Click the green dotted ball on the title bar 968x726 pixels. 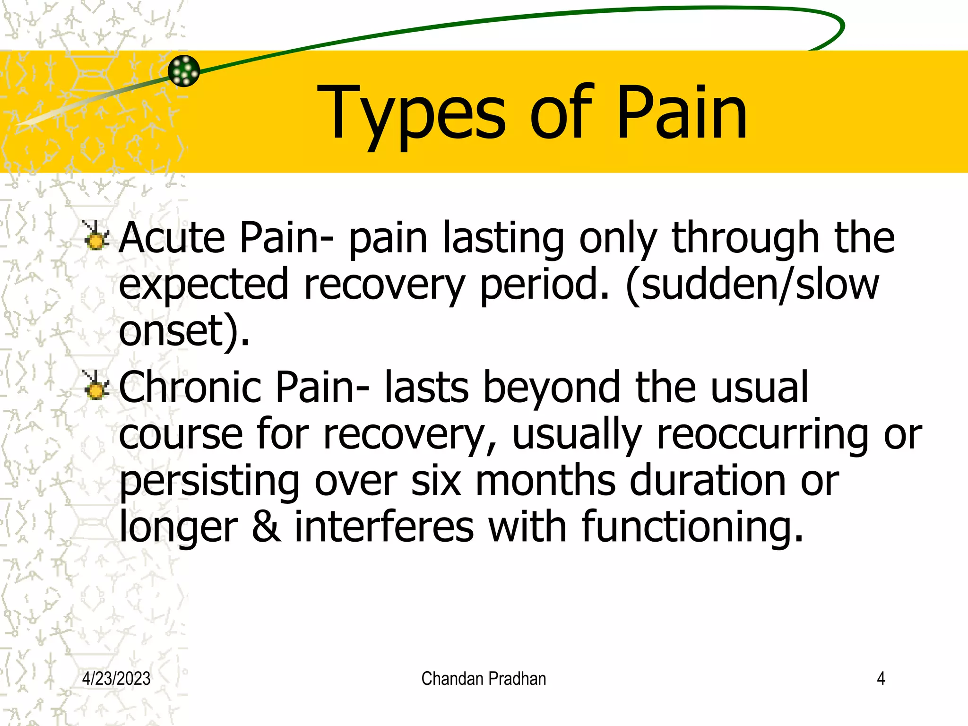point(184,71)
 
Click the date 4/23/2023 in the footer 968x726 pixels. point(116,679)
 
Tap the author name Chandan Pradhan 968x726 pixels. point(484,679)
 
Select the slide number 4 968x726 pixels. point(881,679)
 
